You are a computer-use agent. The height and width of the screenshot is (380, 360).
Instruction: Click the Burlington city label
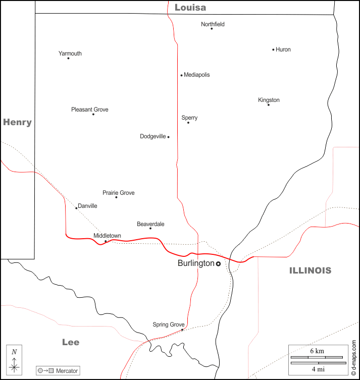(196, 263)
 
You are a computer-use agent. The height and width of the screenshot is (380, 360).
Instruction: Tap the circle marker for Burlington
(218, 263)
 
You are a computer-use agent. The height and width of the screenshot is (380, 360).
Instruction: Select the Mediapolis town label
(197, 75)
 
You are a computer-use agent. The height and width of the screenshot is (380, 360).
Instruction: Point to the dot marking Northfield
(212, 28)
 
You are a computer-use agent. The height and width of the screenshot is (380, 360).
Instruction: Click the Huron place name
(283, 49)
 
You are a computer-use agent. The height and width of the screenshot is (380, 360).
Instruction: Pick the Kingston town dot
(269, 104)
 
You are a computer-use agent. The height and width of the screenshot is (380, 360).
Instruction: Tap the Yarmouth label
(70, 53)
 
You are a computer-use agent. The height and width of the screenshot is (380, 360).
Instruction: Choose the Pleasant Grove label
(90, 110)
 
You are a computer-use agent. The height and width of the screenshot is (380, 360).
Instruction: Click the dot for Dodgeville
(168, 137)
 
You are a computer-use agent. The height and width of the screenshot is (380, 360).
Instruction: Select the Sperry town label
(189, 118)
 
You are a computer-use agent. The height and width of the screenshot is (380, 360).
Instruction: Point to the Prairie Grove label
(119, 193)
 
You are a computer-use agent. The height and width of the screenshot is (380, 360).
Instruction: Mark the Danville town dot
(76, 208)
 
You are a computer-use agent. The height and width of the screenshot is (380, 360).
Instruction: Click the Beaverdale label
(150, 224)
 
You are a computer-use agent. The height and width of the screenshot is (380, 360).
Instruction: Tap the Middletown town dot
(106, 241)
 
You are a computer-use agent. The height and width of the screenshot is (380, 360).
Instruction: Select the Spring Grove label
(169, 324)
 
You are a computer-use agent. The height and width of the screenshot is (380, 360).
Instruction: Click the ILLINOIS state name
(310, 270)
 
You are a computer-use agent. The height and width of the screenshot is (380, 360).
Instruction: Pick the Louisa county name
(190, 8)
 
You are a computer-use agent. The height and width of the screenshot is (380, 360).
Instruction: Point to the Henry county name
(17, 122)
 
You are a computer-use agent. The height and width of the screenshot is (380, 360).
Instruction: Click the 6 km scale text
(317, 351)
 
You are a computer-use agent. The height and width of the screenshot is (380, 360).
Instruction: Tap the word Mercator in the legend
(67, 371)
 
